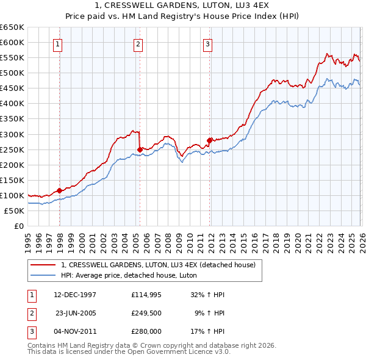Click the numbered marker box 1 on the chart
[x=57, y=44]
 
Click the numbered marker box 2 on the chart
[x=138, y=44]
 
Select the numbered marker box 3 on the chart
[x=207, y=44]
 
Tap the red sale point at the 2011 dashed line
[x=210, y=140]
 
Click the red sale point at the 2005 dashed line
[x=140, y=149]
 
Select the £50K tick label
[x=15, y=211]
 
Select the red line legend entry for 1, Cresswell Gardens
[x=161, y=264]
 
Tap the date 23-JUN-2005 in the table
[x=76, y=313]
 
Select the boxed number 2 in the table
[x=30, y=313]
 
